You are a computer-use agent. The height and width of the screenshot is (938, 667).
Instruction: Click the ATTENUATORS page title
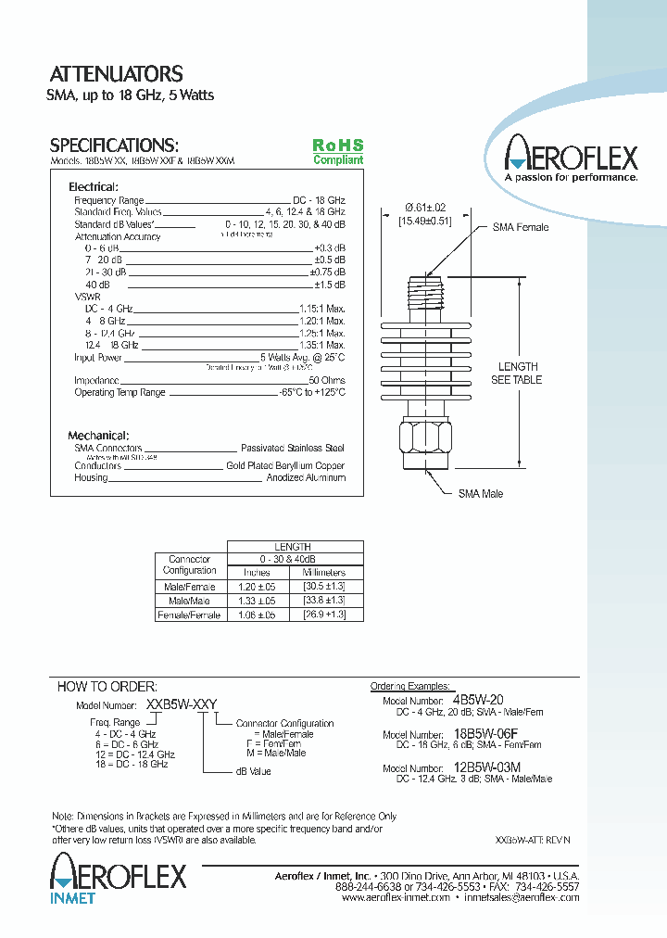pos(116,74)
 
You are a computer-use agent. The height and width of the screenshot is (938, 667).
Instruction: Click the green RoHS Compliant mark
pos(337,151)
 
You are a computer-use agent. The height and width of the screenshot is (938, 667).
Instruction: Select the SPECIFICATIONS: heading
pos(113,146)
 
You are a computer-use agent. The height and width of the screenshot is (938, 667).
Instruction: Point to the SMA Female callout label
pos(520,227)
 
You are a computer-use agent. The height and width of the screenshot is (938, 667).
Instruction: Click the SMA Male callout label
pos(481,494)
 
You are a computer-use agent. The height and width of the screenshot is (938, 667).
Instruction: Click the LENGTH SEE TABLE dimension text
pos(516,374)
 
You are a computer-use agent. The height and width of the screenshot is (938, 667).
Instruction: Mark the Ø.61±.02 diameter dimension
pos(425,208)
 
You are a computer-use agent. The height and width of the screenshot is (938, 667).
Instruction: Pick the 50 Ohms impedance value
pos(326,380)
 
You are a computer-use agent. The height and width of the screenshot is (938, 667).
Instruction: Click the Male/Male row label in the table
pos(190,601)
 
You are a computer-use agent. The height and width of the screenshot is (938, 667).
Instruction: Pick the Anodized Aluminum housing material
pos(306,477)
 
